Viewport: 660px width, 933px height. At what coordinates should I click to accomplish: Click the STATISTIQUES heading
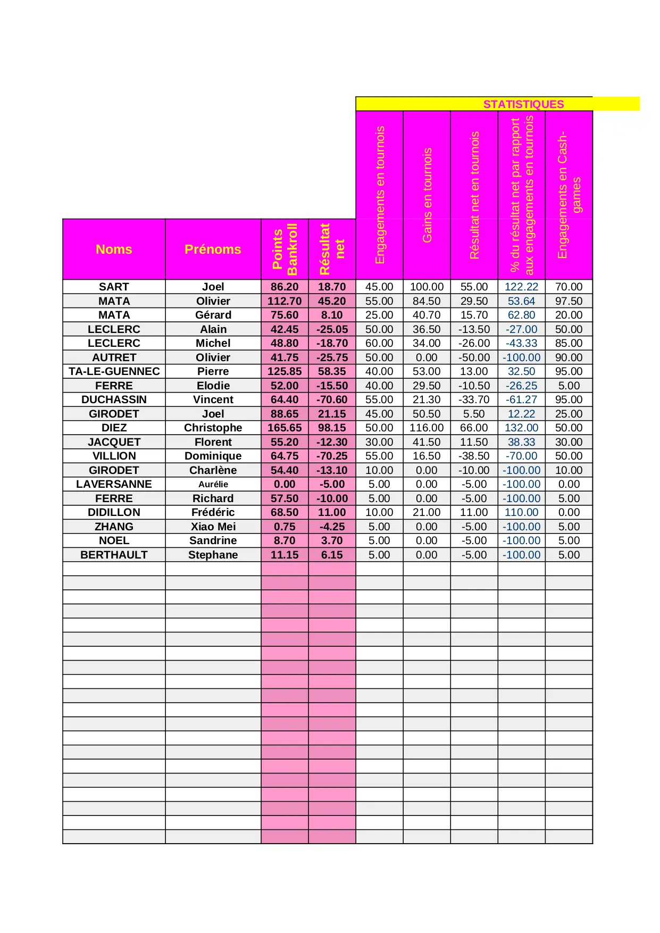tap(523, 104)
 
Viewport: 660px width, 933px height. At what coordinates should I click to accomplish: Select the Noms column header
tap(114, 249)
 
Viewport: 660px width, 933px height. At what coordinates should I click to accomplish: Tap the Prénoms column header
tap(213, 249)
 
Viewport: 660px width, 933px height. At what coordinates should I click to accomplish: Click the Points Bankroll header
tap(285, 249)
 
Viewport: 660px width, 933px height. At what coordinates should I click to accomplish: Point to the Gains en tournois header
tap(427, 195)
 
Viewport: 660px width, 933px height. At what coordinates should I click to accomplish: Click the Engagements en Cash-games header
tap(569, 195)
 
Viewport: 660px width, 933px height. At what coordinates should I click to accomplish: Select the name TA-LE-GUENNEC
tap(114, 371)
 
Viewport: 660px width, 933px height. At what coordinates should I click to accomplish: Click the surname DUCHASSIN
tap(114, 399)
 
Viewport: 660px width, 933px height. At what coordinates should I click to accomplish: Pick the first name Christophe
tap(213, 428)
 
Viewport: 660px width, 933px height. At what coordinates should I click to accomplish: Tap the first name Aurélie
tap(213, 484)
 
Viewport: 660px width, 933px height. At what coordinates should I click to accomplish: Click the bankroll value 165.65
tap(285, 428)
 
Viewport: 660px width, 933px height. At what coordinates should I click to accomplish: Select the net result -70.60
tap(332, 399)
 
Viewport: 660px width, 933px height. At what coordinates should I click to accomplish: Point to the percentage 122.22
tap(521, 287)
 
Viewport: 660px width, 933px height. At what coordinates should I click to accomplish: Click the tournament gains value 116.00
tap(427, 428)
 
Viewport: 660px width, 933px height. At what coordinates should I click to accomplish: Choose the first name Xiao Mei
tap(213, 527)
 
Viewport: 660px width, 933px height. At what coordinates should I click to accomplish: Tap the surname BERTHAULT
tap(114, 555)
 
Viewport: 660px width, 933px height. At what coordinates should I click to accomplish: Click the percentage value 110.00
tap(521, 512)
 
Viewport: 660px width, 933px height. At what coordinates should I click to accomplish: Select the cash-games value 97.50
tap(569, 301)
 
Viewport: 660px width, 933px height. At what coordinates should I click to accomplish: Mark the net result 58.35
tap(332, 371)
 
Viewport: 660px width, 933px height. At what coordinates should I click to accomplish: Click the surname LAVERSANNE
tap(114, 484)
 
